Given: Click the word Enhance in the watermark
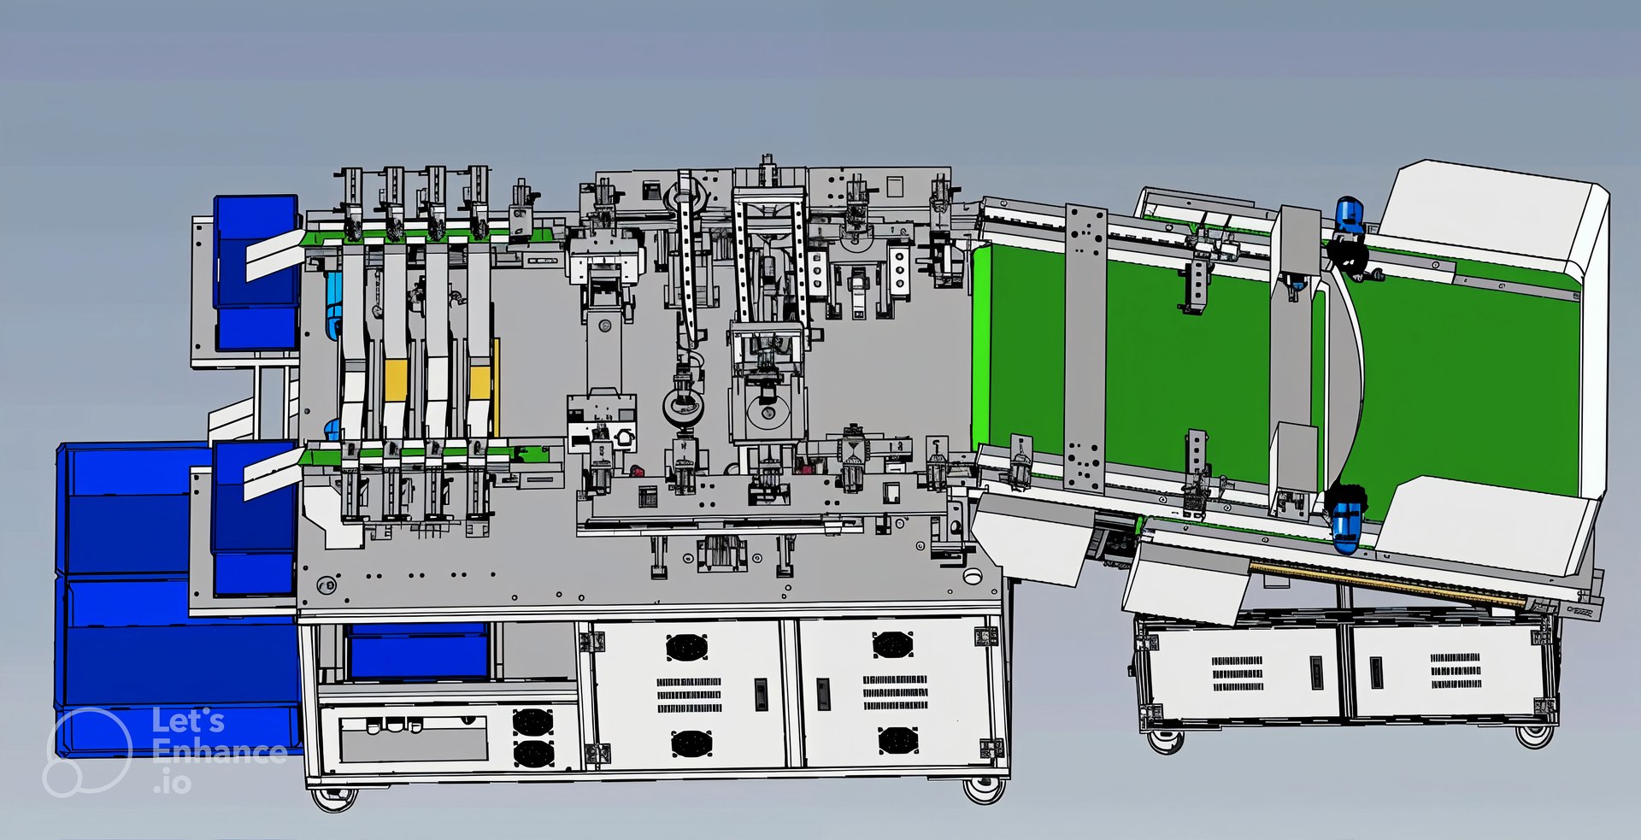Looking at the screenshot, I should coord(219,751).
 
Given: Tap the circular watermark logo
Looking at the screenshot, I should coord(87,752).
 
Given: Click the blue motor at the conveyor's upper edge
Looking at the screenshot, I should coord(1348,214).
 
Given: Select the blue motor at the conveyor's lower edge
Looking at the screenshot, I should coord(1347,526).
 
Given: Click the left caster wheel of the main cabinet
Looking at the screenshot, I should coord(333,798).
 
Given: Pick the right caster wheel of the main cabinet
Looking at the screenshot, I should coord(984,790).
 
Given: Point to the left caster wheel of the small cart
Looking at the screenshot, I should coord(1164,740).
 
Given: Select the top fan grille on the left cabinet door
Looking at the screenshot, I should coord(686,647).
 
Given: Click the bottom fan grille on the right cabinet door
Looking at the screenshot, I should coord(897,740).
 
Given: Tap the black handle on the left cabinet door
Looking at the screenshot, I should coord(761,694).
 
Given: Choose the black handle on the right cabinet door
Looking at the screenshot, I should coord(823,694).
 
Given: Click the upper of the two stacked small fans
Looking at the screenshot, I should coord(532,722).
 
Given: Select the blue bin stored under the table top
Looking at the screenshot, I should coord(419,651).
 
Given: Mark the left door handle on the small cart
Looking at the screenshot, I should coord(1317,673).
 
